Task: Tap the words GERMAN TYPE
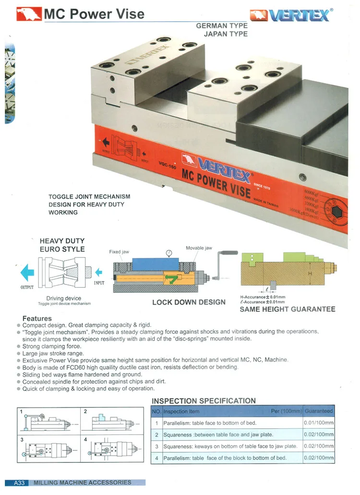(x=222, y=25)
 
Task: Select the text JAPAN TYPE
(x=226, y=34)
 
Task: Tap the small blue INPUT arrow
(x=98, y=272)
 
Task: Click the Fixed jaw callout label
(x=119, y=252)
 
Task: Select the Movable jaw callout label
(x=199, y=248)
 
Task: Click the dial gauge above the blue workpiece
(x=168, y=253)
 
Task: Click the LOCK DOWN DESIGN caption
(x=189, y=302)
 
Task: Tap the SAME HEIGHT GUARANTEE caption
(x=287, y=309)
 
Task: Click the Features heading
(x=37, y=318)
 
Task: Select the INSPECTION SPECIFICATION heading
(x=204, y=401)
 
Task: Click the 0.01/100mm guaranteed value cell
(x=319, y=423)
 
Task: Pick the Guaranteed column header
(x=319, y=411)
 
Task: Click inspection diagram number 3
(x=22, y=439)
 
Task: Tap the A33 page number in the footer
(x=19, y=483)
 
